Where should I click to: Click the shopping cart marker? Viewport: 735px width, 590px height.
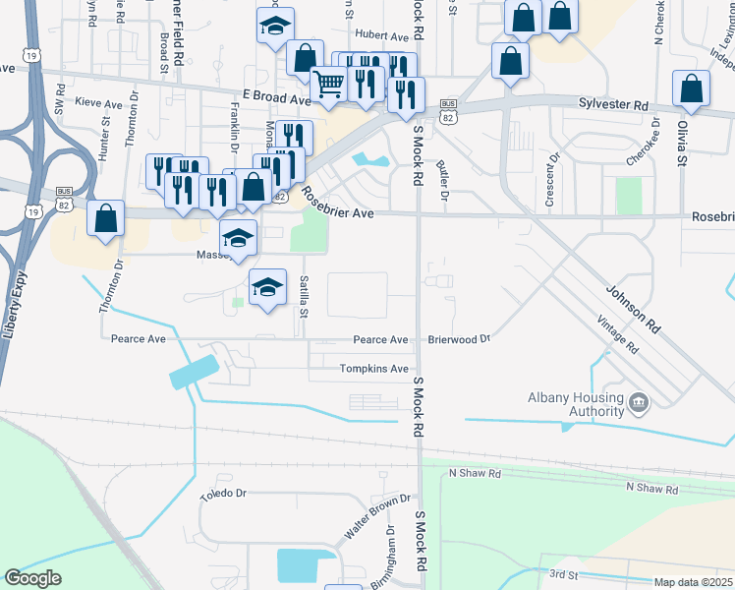click(x=328, y=84)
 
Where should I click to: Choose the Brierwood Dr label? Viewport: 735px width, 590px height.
click(x=458, y=339)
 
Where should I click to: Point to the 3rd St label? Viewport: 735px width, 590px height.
click(x=563, y=573)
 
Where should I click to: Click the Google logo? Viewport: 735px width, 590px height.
click(x=32, y=578)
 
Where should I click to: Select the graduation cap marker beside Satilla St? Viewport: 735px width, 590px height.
click(x=267, y=288)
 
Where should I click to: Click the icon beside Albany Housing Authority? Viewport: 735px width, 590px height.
click(x=639, y=401)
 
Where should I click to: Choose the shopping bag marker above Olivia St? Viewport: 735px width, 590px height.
click(x=692, y=88)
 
